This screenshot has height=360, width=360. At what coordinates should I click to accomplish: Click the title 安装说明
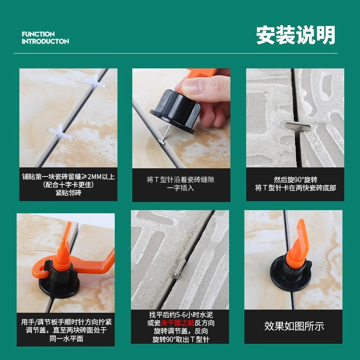coord(296,36)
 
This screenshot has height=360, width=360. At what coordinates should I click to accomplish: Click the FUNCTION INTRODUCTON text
coord(45,38)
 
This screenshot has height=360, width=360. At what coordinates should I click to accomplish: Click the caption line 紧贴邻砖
coord(68,193)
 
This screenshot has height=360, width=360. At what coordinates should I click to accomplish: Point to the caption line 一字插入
coord(180,188)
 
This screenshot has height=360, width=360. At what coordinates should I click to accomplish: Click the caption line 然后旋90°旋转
coord(295,179)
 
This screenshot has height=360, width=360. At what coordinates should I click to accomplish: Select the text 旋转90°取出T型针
coord(180,339)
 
